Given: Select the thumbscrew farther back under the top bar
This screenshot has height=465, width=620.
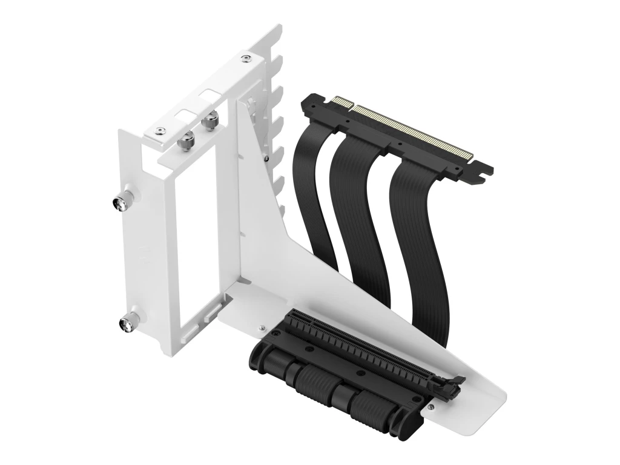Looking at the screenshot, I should click(x=211, y=120).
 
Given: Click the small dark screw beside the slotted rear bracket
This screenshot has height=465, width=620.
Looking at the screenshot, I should click(x=266, y=158).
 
